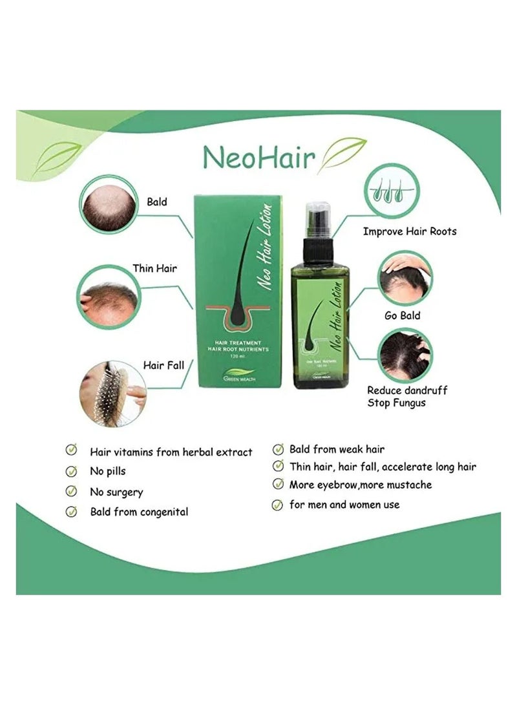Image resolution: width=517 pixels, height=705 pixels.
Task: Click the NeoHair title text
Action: tap(259, 157)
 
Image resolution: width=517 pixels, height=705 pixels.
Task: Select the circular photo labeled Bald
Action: tap(109, 205)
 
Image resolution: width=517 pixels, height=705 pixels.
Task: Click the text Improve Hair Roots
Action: tap(409, 231)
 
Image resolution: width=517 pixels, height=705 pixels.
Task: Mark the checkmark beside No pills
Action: tap(71, 471)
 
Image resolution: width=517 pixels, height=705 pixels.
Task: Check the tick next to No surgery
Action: tap(71, 491)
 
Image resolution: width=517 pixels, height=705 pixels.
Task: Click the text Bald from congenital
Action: tap(139, 512)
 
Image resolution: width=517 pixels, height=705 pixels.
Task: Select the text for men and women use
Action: tap(344, 504)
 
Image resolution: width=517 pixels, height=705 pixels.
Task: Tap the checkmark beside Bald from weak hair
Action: tap(278, 448)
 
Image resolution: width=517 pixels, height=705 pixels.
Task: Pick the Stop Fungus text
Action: tap(397, 403)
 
